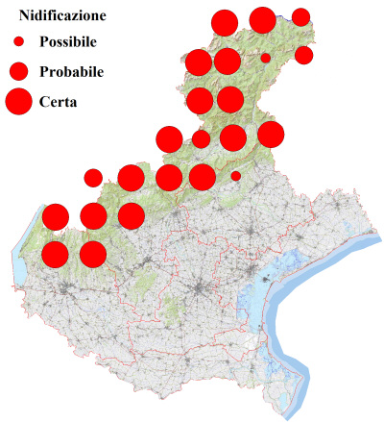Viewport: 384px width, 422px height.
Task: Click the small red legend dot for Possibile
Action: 18,42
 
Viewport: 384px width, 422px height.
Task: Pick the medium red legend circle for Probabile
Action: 18,71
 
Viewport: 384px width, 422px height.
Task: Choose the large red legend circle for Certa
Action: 18,100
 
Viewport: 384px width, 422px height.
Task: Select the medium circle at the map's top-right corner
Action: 300,16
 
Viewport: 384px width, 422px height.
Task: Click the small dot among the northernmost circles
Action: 265,58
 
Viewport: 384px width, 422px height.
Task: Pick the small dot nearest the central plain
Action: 235,176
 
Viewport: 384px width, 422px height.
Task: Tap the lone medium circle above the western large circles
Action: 93,177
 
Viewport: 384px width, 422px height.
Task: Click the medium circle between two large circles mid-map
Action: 201,138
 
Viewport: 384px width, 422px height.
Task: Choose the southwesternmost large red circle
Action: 55,254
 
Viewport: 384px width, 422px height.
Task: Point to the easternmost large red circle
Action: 271,135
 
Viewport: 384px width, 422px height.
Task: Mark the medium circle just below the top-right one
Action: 303,55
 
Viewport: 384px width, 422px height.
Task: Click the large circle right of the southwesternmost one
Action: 92,254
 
